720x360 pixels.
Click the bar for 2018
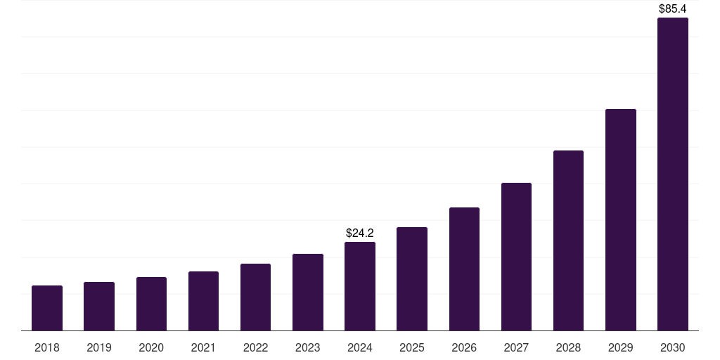[x=47, y=308]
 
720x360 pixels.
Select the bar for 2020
[x=151, y=304]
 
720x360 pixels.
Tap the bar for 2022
[x=255, y=297]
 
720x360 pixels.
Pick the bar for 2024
[x=360, y=286]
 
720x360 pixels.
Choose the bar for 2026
[x=464, y=269]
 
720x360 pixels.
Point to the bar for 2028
[x=568, y=240]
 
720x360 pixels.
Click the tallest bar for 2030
[x=673, y=174]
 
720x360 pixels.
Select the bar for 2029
[x=621, y=219]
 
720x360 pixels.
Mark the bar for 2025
[x=412, y=278]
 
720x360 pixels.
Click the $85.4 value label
[x=673, y=9]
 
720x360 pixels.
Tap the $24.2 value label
[x=360, y=233]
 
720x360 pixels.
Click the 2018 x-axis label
[x=47, y=347]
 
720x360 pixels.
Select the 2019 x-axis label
[x=99, y=347]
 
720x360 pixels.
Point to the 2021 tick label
[x=203, y=347]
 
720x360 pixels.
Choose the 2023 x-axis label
[x=308, y=347]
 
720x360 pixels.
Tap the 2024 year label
[x=360, y=347]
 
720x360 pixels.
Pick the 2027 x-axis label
[x=516, y=347]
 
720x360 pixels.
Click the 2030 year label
[x=673, y=347]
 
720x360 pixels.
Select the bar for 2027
[x=516, y=257]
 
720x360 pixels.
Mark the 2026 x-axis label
[x=464, y=347]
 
